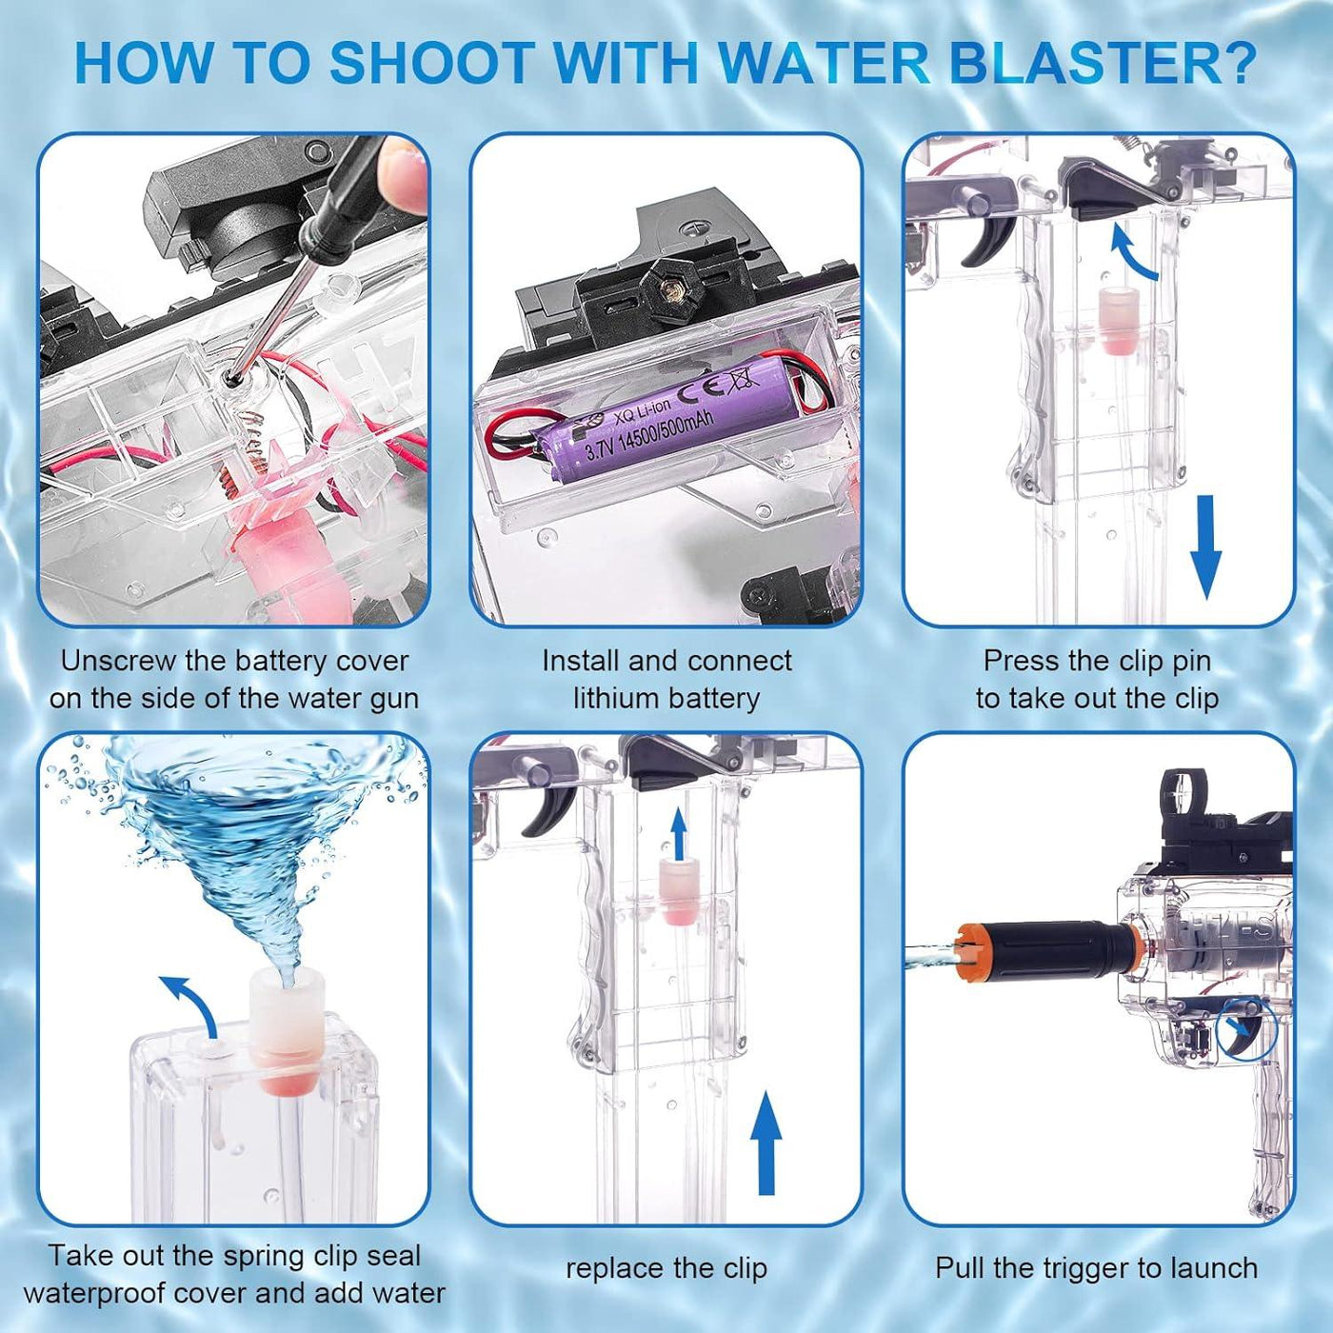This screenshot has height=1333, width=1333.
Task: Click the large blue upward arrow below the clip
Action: [765, 1142]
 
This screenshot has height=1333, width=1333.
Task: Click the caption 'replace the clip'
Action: [666, 1268]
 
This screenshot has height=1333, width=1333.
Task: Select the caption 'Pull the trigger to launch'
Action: [1097, 1268]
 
